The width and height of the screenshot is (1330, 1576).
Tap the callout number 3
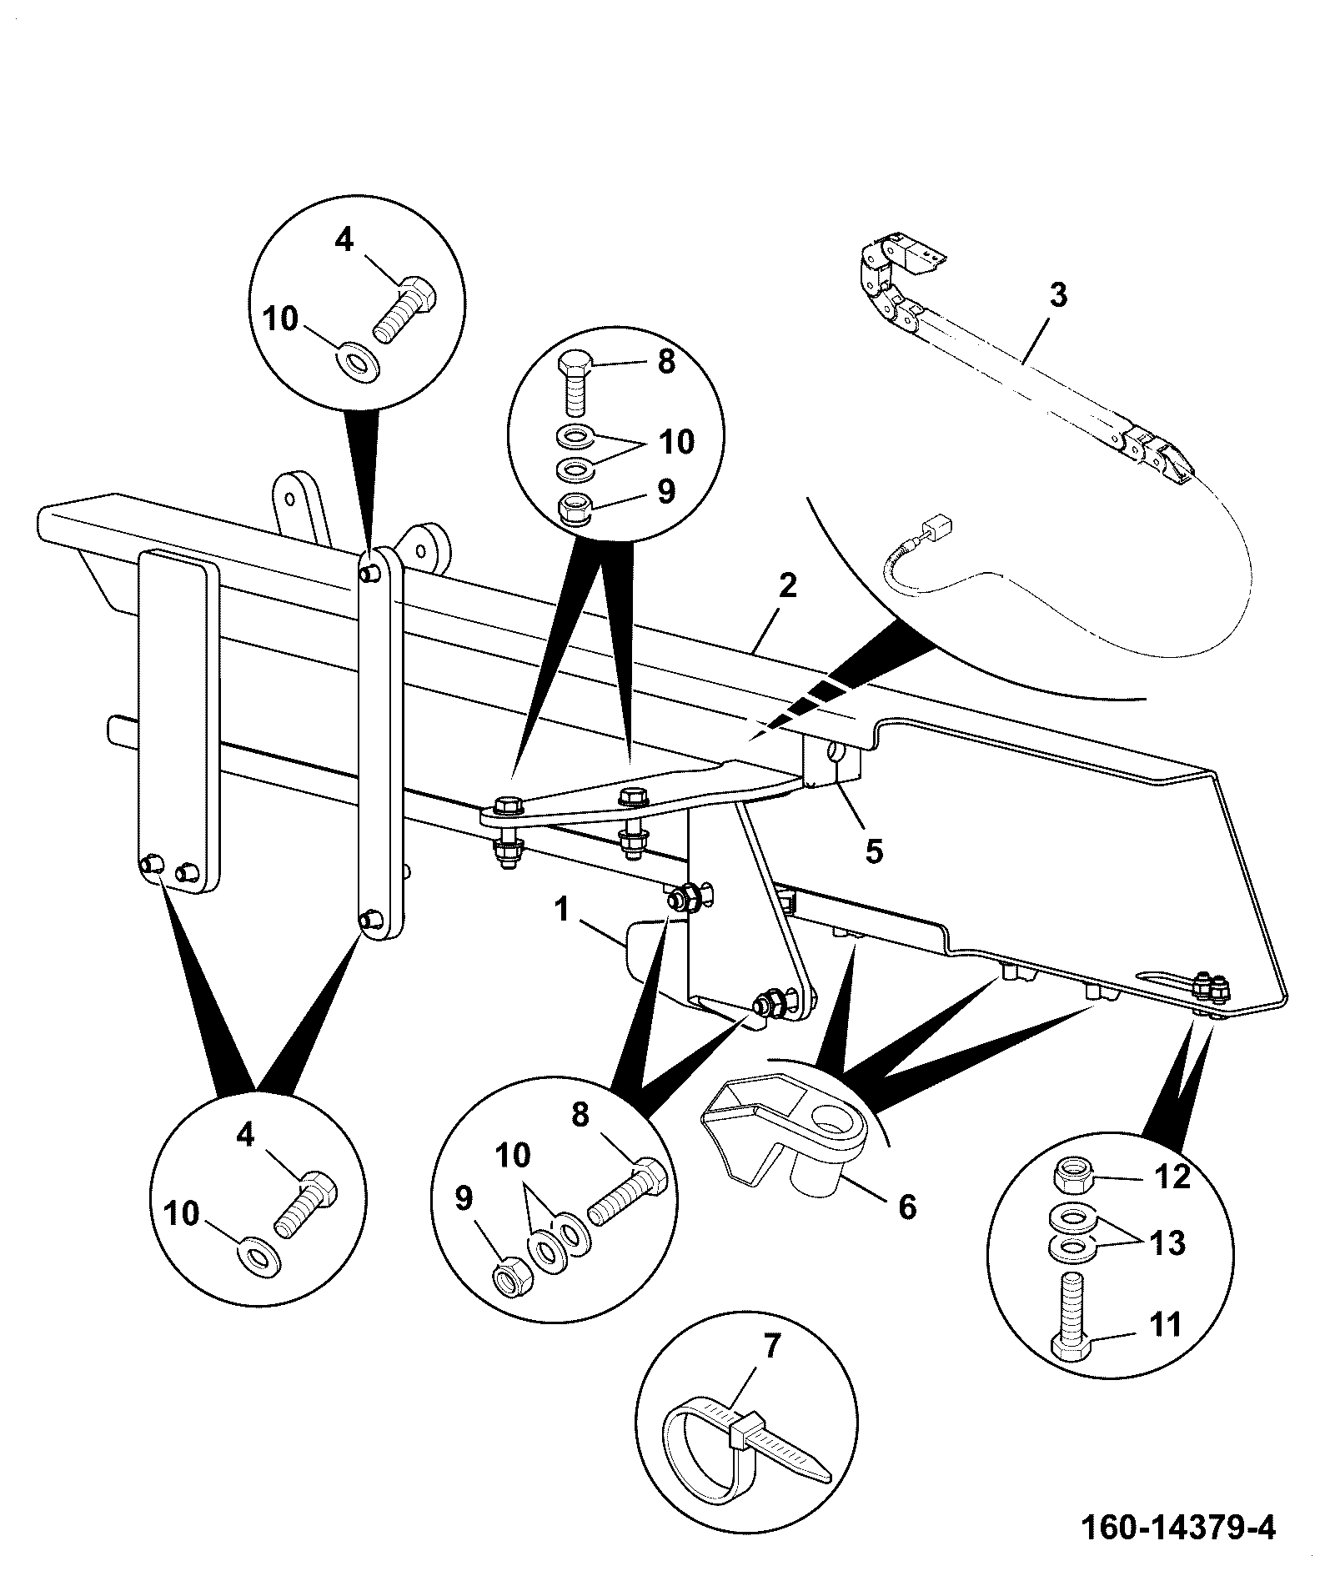[x=1058, y=294]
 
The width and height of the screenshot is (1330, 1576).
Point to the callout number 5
[x=873, y=851]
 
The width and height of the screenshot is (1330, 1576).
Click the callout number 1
[x=563, y=908]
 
